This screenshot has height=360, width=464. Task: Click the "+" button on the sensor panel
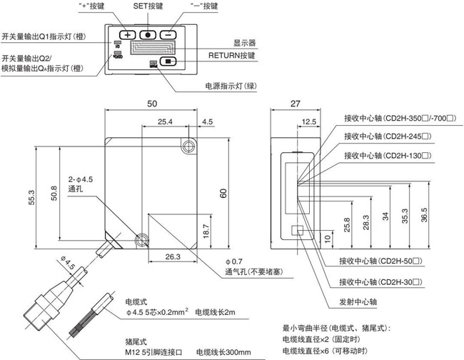click(x=127, y=34)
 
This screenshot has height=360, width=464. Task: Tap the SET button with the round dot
click(x=147, y=34)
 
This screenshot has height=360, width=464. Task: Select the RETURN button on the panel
click(x=168, y=61)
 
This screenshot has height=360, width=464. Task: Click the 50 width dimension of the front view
click(x=152, y=104)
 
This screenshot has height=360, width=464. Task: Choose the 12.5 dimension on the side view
click(x=308, y=122)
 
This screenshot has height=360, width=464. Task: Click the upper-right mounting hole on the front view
click(x=188, y=146)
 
